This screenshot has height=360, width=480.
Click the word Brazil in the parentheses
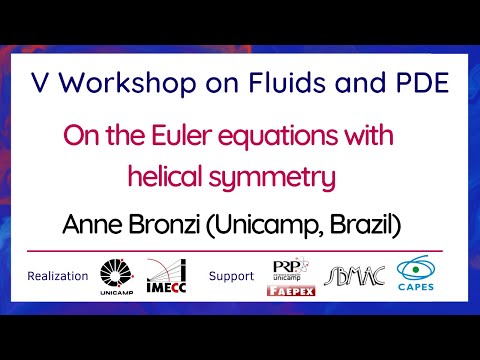tap(361, 226)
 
